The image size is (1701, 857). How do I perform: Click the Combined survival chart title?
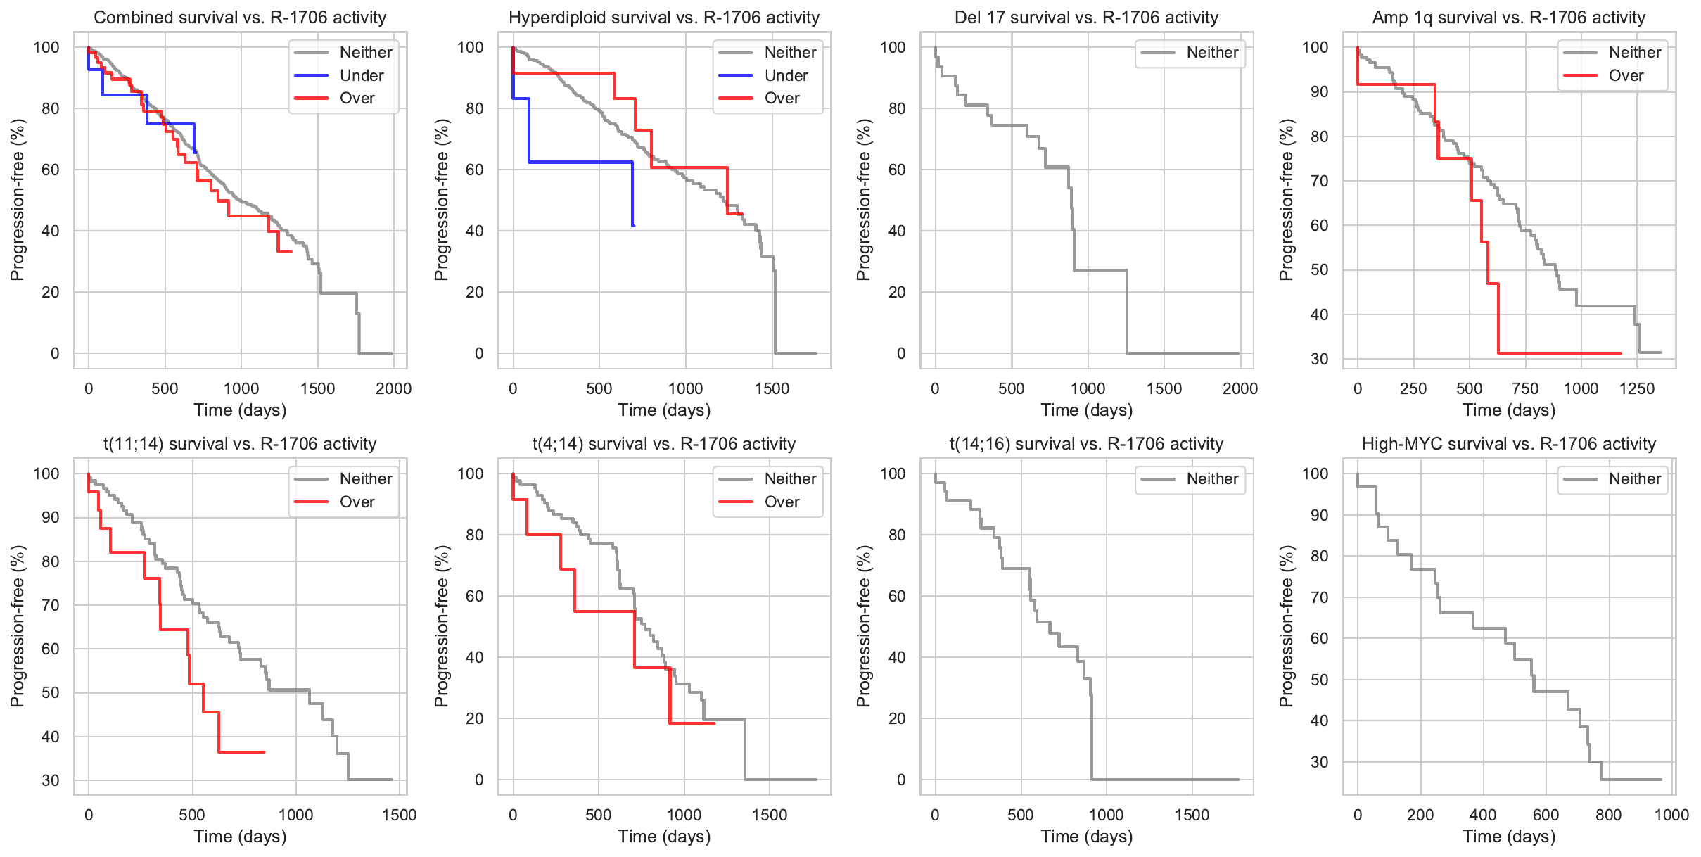click(240, 18)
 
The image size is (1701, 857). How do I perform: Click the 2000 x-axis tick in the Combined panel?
click(393, 388)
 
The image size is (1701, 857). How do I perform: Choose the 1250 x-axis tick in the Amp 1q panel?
click(1637, 388)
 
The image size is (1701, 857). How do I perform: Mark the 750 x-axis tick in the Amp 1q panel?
click(1525, 388)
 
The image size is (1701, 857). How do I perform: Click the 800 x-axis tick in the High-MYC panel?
click(1609, 815)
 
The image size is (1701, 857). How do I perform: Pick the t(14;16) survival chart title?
click(1086, 444)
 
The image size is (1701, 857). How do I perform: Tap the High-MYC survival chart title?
click(1509, 444)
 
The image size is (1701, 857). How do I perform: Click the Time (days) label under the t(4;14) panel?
click(664, 837)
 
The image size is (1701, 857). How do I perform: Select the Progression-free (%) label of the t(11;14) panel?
click(18, 626)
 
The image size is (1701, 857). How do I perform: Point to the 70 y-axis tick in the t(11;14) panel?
click(51, 605)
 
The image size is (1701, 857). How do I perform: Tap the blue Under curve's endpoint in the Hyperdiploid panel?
click(634, 225)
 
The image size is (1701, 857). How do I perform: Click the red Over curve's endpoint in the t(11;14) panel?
click(264, 752)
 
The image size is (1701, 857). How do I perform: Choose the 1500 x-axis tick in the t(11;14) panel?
click(399, 815)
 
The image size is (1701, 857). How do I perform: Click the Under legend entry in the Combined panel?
click(362, 75)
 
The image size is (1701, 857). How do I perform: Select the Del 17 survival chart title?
click(1086, 18)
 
